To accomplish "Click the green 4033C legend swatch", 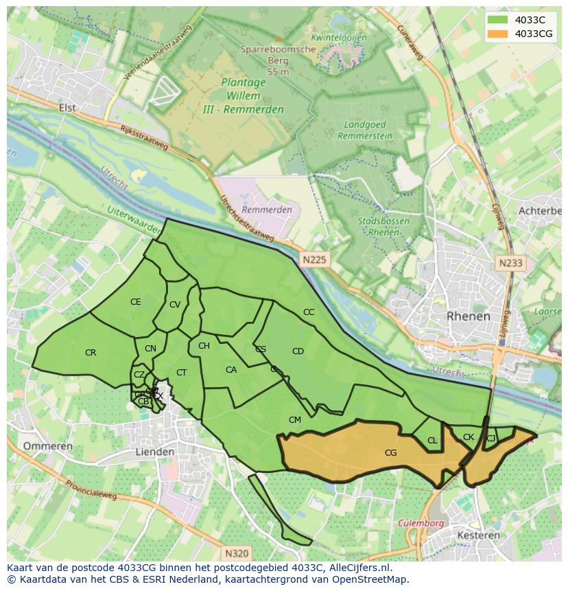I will point(499,21).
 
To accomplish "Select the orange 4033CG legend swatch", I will point(499,34).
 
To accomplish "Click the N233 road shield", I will point(510,263).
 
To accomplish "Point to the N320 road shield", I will point(237,553).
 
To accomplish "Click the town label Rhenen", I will point(469,316).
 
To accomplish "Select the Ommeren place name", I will point(48,446).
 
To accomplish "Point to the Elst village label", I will point(67,108).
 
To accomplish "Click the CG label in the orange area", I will point(390,453).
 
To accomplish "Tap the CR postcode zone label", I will point(91,353).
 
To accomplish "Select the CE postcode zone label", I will point(136,302).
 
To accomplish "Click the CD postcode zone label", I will point(298,351).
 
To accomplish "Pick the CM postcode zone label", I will point(295,420).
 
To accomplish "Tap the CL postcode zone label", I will point(432,441).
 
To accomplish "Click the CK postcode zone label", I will point(469,437).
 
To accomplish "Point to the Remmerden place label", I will point(267,209).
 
